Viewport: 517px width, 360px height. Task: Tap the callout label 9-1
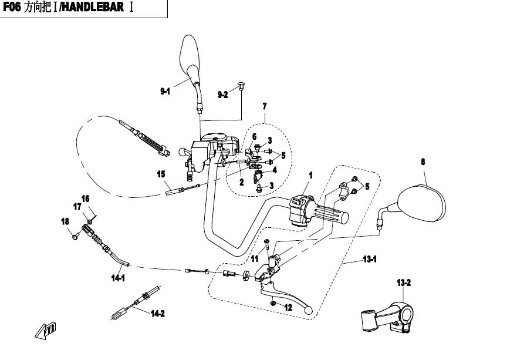point(165,91)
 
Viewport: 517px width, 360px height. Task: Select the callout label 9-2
point(222,95)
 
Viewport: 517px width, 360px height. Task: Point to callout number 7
point(265,106)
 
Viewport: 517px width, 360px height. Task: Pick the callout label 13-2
point(404,283)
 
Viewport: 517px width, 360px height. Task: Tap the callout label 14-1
point(119,278)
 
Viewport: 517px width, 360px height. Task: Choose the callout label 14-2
point(157,314)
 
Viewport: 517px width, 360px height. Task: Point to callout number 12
point(288,307)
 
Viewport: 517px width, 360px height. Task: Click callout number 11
point(255,258)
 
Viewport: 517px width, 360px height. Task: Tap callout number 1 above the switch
point(311,175)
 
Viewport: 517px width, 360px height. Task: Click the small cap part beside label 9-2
point(241,88)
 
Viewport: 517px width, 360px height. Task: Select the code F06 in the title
point(13,11)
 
